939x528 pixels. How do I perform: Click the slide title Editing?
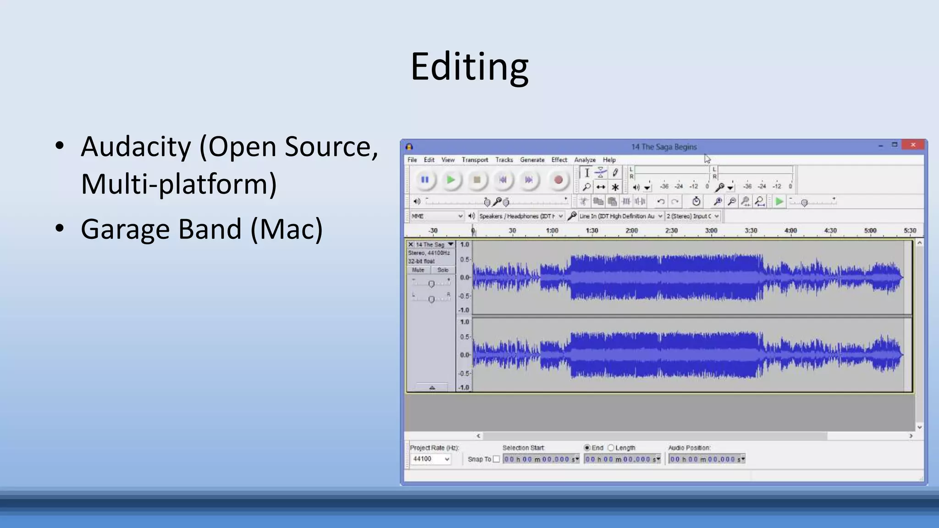point(469,67)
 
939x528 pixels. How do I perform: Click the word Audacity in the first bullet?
point(136,147)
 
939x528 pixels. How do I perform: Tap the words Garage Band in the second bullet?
point(161,229)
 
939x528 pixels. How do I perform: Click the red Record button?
point(558,180)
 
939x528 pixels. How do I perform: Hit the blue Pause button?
point(425,180)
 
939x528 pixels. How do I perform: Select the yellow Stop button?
point(477,180)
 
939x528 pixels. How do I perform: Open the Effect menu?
point(559,160)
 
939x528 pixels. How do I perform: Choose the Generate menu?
point(532,160)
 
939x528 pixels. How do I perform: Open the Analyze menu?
point(585,160)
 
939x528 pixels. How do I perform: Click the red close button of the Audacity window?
point(913,145)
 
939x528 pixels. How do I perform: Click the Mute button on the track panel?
point(418,270)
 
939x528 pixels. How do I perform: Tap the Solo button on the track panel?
point(442,270)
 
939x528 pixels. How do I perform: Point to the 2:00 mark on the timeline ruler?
point(631,231)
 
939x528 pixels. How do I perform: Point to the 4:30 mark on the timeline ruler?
point(830,231)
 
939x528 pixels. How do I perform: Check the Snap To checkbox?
point(496,459)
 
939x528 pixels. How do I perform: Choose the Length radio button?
point(611,448)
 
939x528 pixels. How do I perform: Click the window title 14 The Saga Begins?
point(663,147)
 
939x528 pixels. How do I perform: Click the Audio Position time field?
point(707,459)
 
